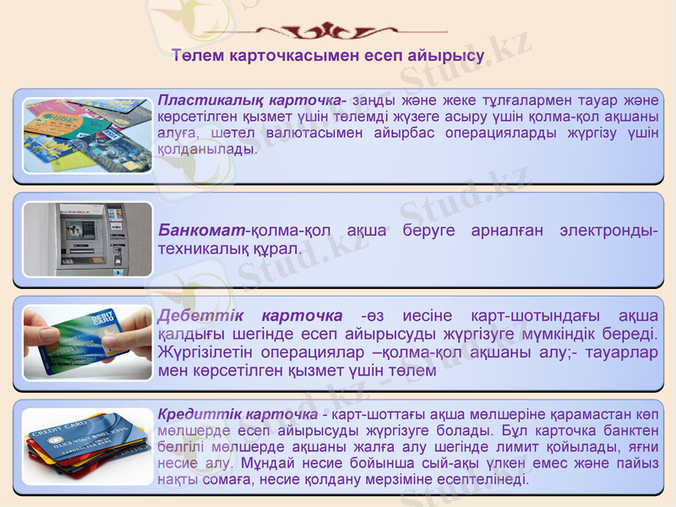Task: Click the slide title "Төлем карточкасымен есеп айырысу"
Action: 328,56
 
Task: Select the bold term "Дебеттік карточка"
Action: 250,316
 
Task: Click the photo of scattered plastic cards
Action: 88,134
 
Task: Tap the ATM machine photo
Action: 88,239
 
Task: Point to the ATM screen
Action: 82,229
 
